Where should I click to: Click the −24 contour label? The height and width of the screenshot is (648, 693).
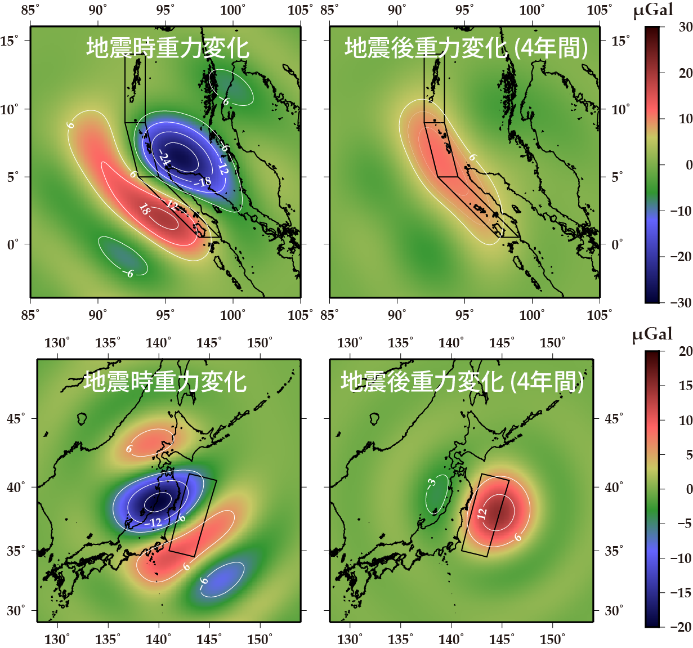pyautogui.click(x=164, y=159)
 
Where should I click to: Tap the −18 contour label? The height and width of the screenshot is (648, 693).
pyautogui.click(x=203, y=181)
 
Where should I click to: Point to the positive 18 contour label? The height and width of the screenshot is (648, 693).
pyautogui.click(x=144, y=210)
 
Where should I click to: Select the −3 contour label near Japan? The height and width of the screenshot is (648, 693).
pyautogui.click(x=431, y=482)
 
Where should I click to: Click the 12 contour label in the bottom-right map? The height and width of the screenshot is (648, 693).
pyautogui.click(x=482, y=513)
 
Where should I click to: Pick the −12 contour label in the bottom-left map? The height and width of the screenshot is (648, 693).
pyautogui.click(x=153, y=523)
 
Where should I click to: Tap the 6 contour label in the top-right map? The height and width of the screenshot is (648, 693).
pyautogui.click(x=473, y=158)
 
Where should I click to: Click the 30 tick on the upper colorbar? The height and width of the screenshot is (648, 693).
pyautogui.click(x=685, y=27)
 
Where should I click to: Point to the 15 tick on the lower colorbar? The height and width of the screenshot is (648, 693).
pyautogui.click(x=685, y=386)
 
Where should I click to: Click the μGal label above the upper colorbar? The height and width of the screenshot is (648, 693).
pyautogui.click(x=653, y=11)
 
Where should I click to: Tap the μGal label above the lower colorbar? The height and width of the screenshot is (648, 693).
pyautogui.click(x=652, y=334)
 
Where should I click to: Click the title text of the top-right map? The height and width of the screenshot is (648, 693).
pyautogui.click(x=466, y=48)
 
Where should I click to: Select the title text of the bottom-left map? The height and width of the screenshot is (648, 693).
pyautogui.click(x=165, y=382)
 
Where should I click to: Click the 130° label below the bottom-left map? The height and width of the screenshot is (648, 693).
pyautogui.click(x=57, y=639)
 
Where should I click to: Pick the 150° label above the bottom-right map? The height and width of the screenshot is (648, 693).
pyautogui.click(x=552, y=342)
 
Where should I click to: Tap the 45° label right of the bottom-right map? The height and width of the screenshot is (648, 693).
pyautogui.click(x=614, y=419)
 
